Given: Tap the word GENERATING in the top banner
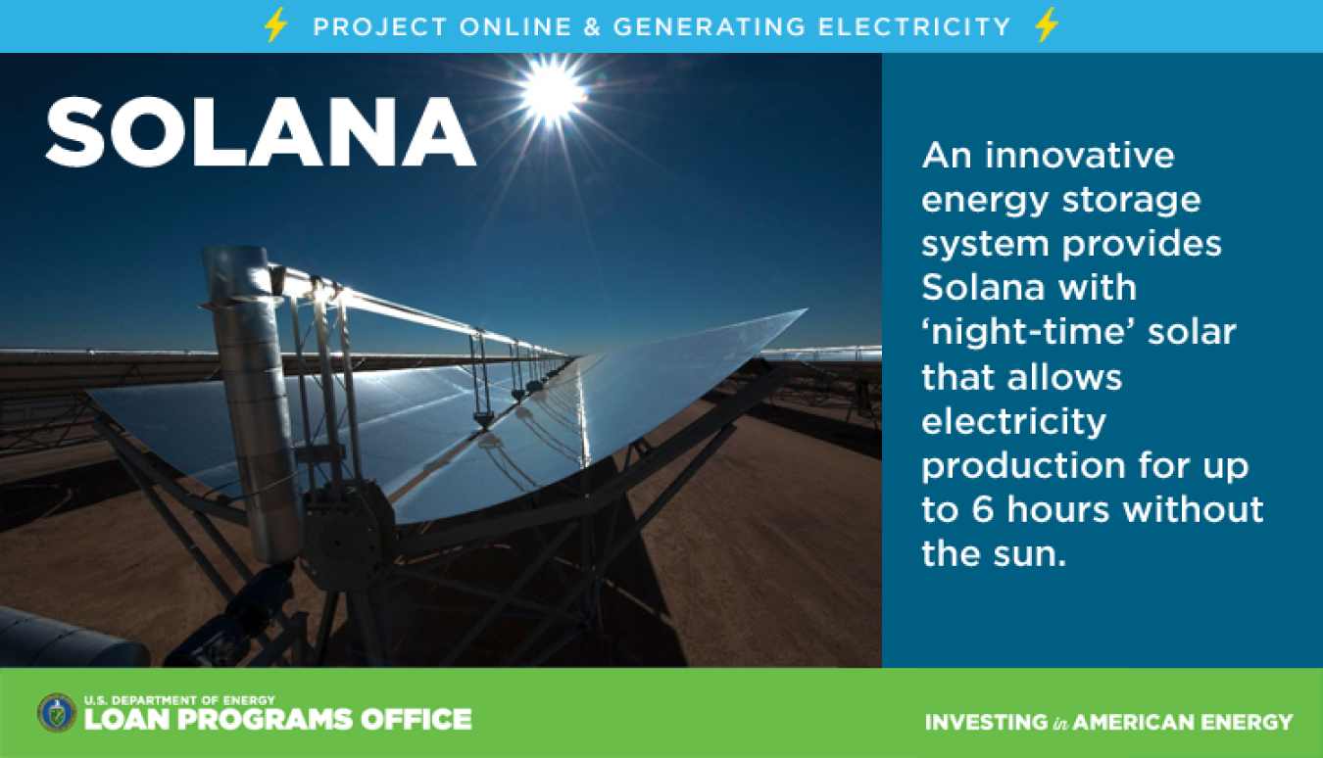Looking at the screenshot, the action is pyautogui.click(x=710, y=27).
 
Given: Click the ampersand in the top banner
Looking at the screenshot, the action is pyautogui.click(x=592, y=27).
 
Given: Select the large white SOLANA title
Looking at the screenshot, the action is pyautogui.click(x=261, y=133).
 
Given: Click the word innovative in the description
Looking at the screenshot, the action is pyautogui.click(x=1080, y=156).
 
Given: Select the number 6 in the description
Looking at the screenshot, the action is pyautogui.click(x=982, y=509).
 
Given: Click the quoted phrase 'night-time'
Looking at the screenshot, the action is pyautogui.click(x=1027, y=332).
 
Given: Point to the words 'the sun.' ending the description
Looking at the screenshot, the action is pyautogui.click(x=994, y=553).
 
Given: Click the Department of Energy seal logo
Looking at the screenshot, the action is pyautogui.click(x=57, y=713).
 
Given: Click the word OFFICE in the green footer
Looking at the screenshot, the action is pyautogui.click(x=416, y=720).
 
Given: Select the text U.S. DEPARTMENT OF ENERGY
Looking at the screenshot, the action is pyautogui.click(x=179, y=700).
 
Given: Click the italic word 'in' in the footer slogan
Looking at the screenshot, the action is pyautogui.click(x=1060, y=723).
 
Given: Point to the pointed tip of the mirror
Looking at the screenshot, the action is pyautogui.click(x=806, y=309).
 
